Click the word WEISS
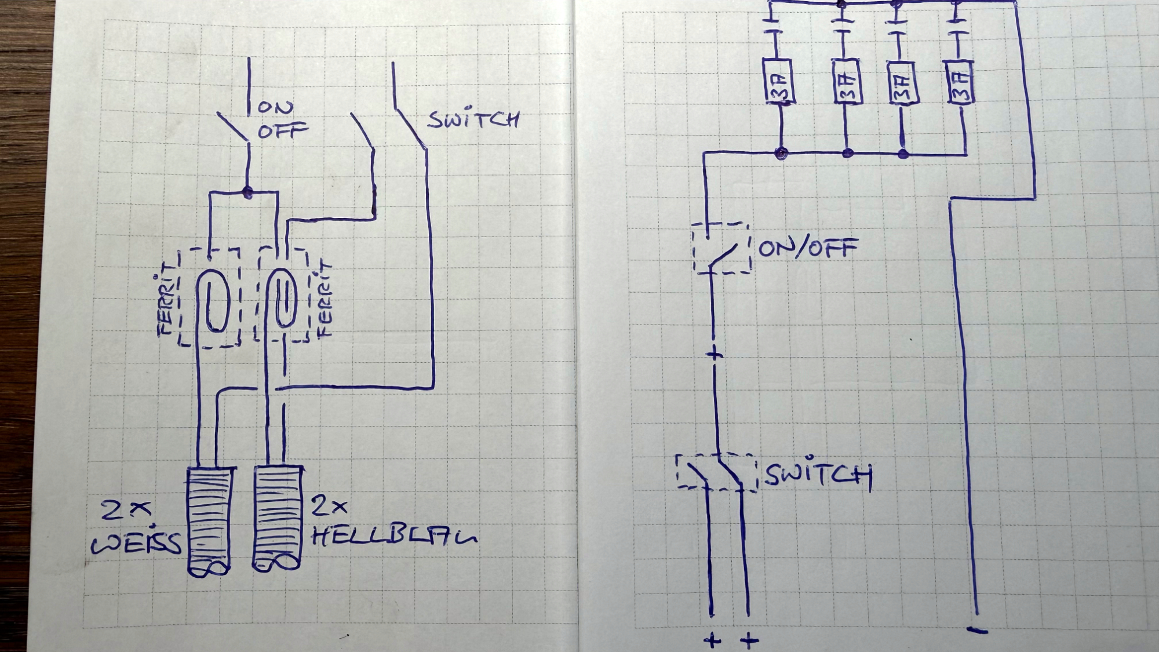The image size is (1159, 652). (x=137, y=544)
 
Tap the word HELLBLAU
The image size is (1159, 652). (x=394, y=537)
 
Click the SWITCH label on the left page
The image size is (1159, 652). (x=473, y=119)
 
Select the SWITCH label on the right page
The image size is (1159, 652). (x=818, y=475)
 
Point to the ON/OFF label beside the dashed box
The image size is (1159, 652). (x=808, y=248)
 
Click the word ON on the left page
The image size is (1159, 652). (x=276, y=107)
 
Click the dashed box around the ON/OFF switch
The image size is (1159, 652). (x=722, y=248)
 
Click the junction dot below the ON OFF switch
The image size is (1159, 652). (x=248, y=191)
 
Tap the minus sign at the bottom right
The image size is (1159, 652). (x=976, y=630)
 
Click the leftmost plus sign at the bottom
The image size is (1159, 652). (x=712, y=640)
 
